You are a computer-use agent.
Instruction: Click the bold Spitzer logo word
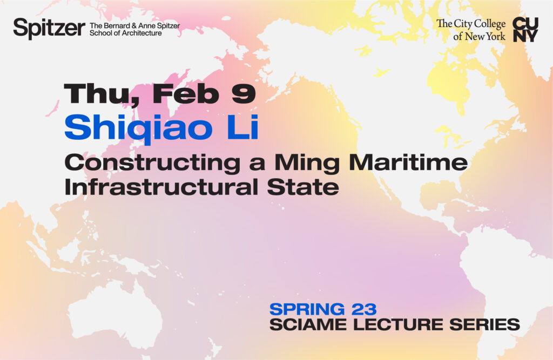coord(49,28)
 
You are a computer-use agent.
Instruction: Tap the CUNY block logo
coord(525,29)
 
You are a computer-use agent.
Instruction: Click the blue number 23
coord(362,309)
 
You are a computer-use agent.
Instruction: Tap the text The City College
coord(471,24)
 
